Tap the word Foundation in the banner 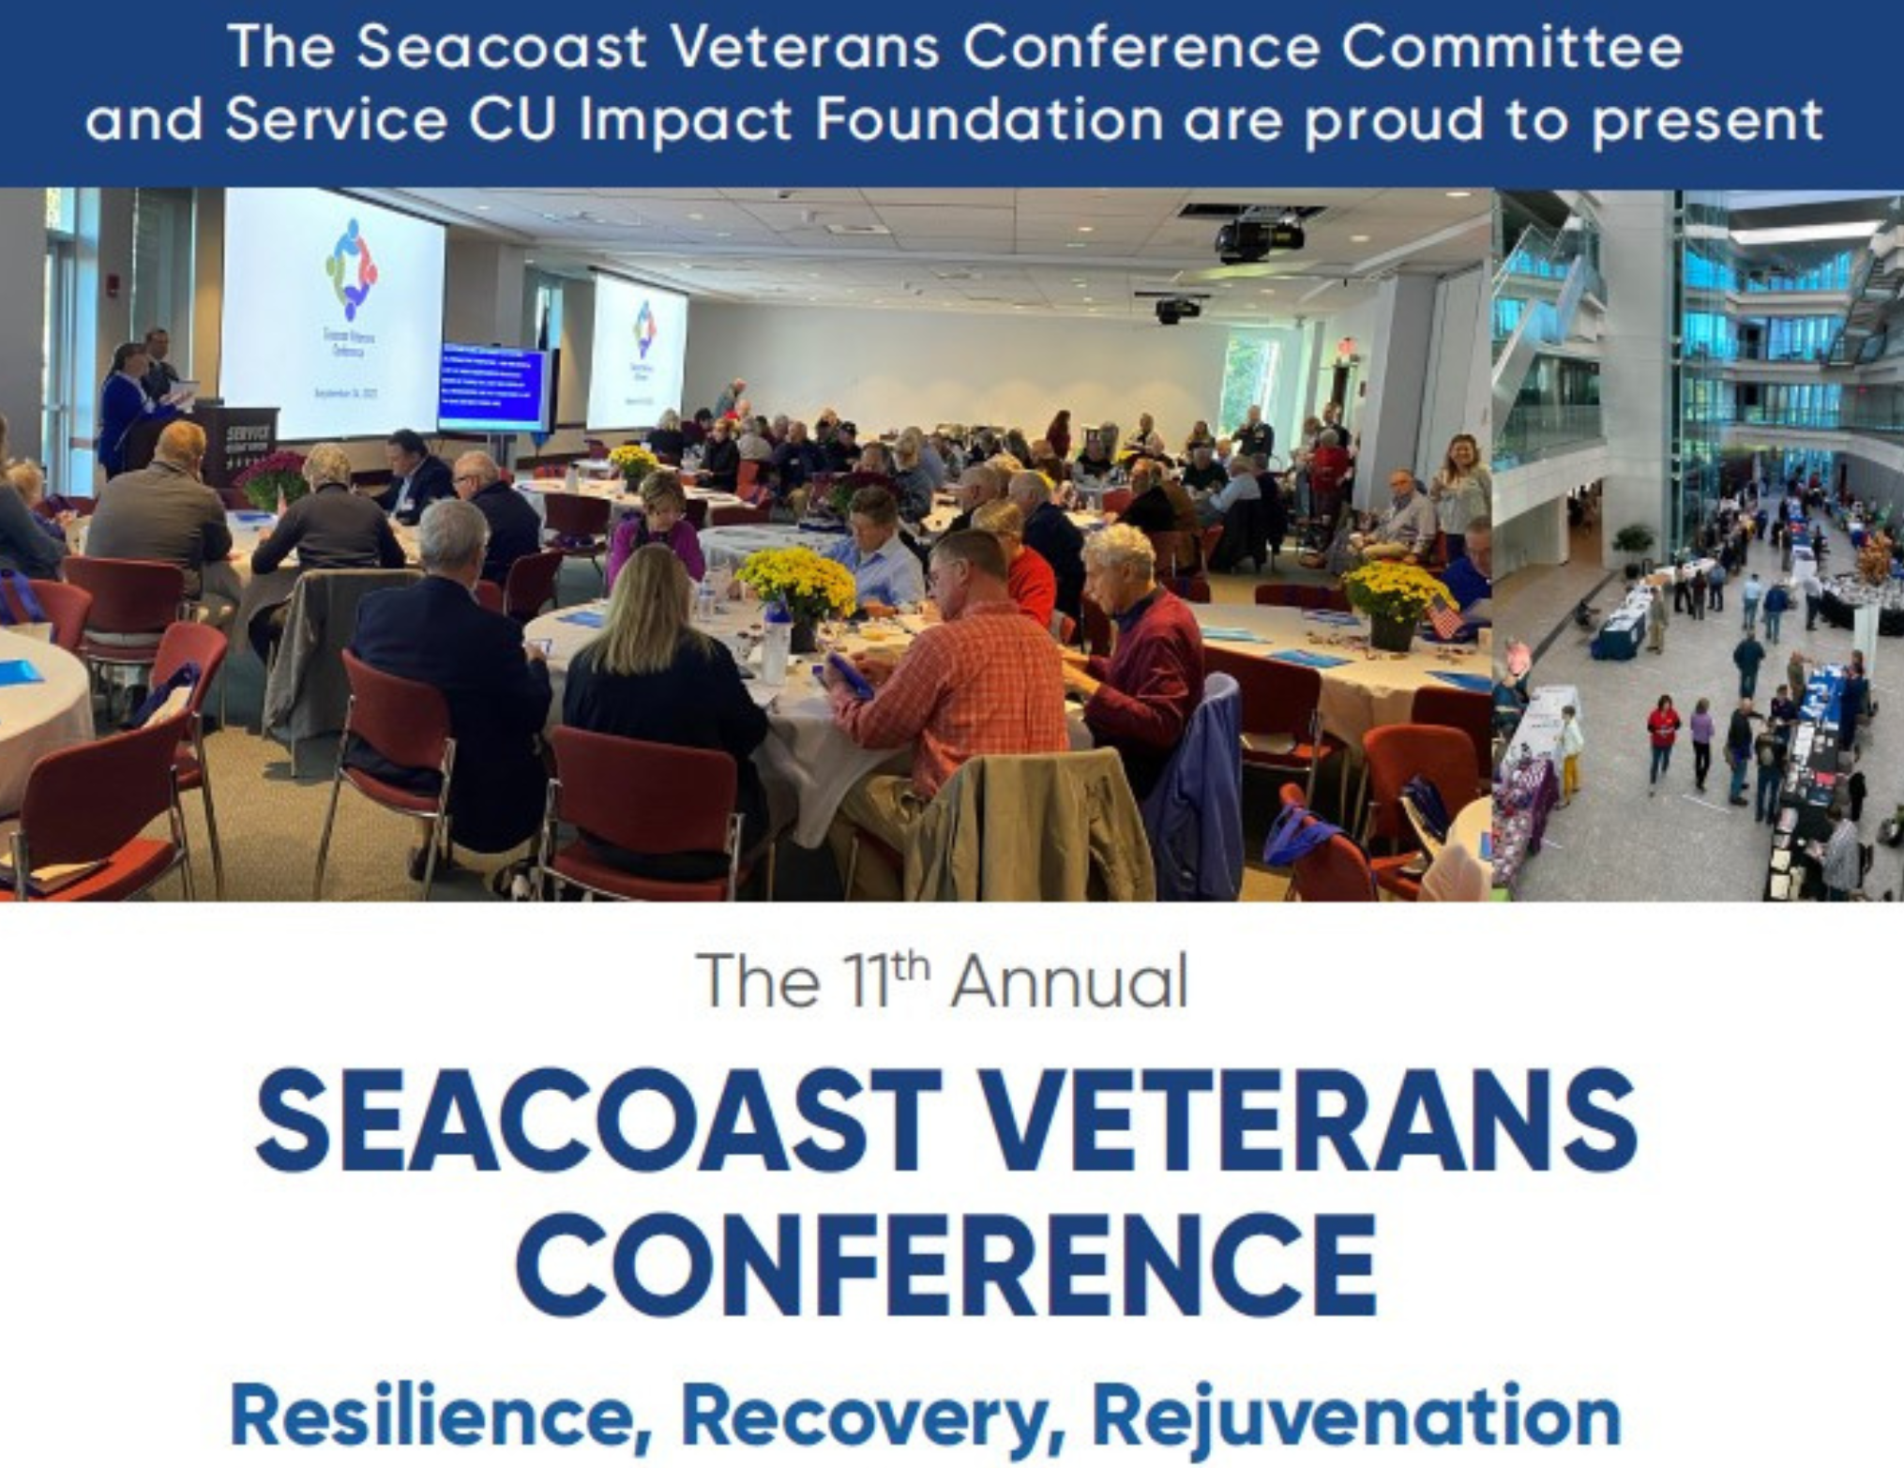coord(990,120)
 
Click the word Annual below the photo coord(1069,982)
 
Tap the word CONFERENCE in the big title coord(947,1262)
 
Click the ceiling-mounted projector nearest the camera coord(1260,235)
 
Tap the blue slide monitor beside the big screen coord(491,386)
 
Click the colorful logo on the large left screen coord(351,269)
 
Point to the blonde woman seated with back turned coord(657,675)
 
